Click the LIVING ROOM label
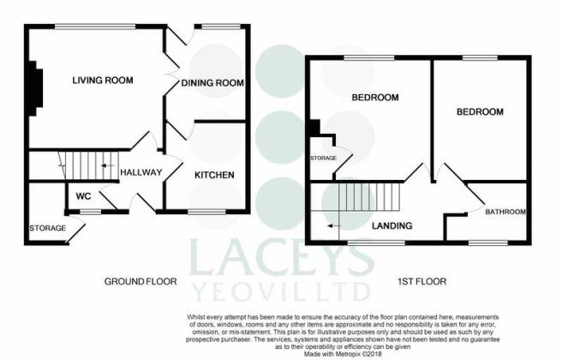tap(103, 80)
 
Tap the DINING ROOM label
tap(212, 83)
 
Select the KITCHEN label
tap(214, 175)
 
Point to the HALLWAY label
tap(140, 172)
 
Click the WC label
tap(83, 196)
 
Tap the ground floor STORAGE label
tap(48, 228)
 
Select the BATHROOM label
tap(505, 212)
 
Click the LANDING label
tap(392, 225)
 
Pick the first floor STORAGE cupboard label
tap(323, 158)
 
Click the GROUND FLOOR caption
tap(140, 281)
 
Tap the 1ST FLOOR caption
tap(421, 281)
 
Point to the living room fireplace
tap(35, 88)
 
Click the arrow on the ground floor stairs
tap(108, 165)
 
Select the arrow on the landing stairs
tap(334, 226)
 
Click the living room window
tap(95, 27)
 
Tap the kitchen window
tap(206, 213)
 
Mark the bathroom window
tap(487, 243)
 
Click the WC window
tap(90, 213)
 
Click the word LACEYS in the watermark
tap(281, 258)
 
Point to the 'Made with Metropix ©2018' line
tap(343, 354)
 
